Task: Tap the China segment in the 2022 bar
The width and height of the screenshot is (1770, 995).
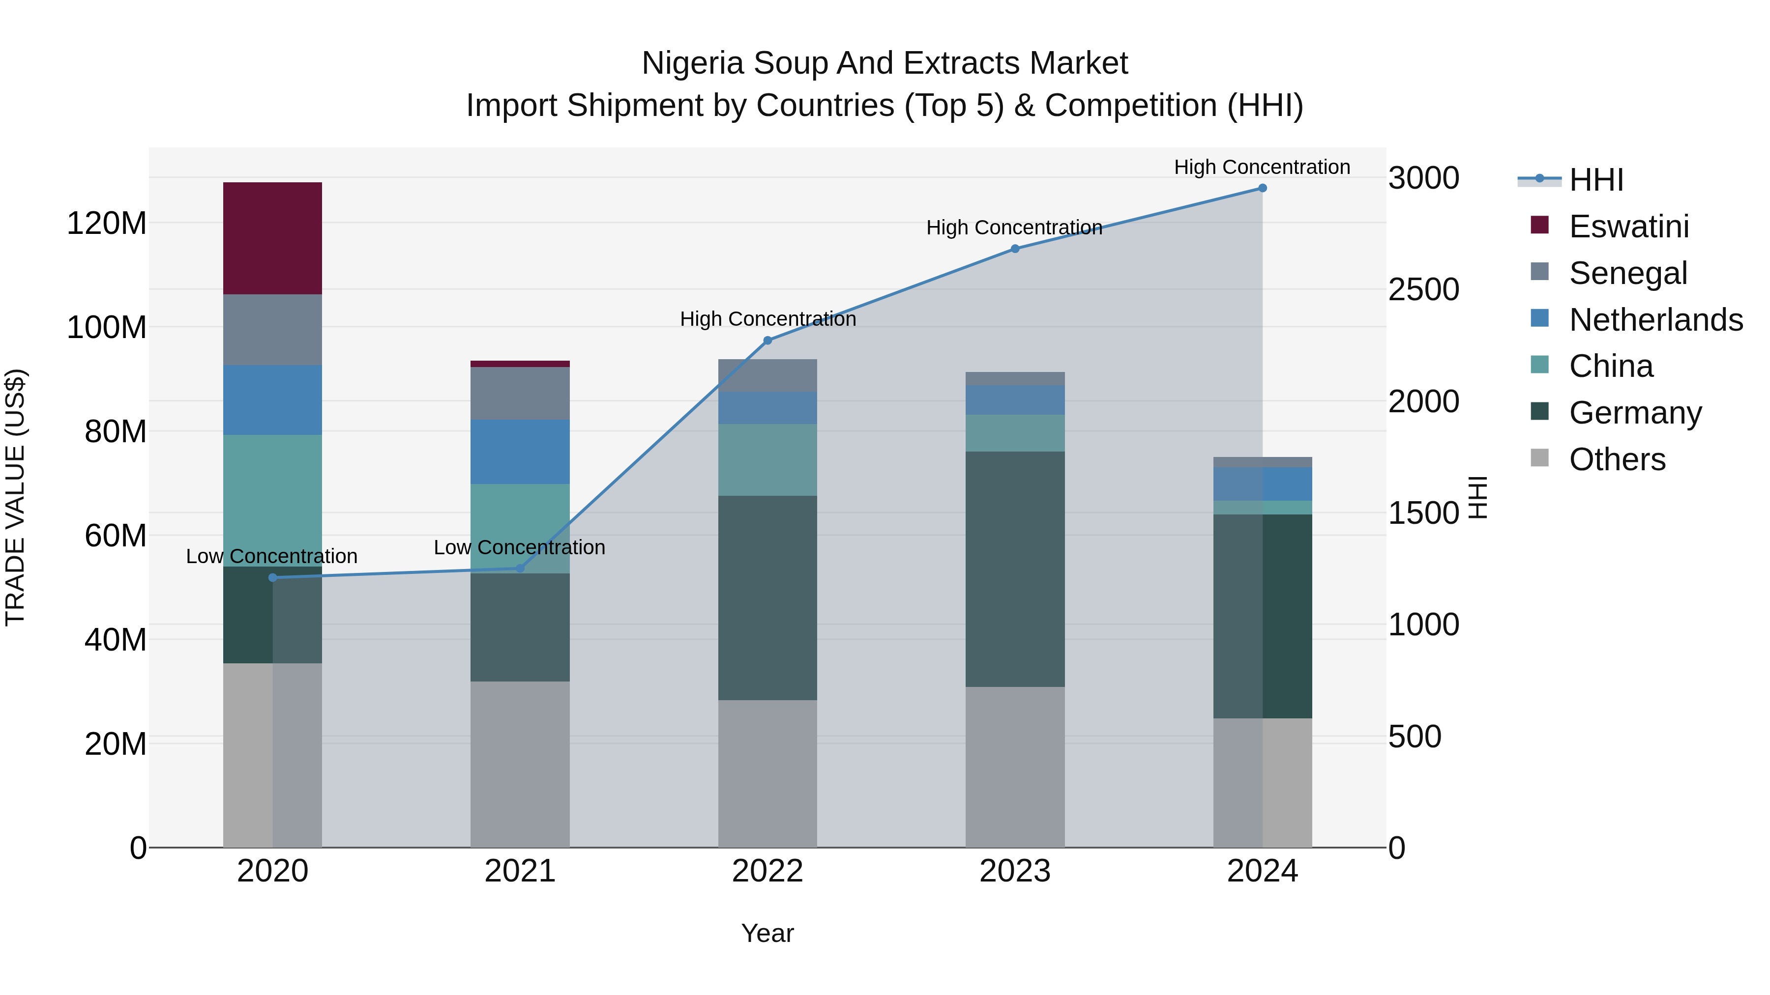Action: (x=767, y=459)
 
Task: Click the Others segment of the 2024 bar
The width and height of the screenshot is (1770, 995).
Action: (x=1262, y=782)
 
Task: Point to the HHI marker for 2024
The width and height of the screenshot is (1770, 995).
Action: (x=1262, y=188)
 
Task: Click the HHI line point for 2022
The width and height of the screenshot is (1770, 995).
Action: (x=767, y=341)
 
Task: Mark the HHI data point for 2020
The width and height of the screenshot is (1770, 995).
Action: (x=273, y=577)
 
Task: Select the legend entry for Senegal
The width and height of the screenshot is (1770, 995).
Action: (x=1628, y=273)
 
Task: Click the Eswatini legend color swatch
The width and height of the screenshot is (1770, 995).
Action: (x=1540, y=225)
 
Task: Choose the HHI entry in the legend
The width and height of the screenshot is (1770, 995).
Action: (x=1595, y=180)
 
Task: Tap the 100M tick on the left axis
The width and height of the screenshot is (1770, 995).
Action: (x=107, y=328)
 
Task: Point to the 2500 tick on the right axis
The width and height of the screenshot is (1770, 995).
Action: (x=1423, y=290)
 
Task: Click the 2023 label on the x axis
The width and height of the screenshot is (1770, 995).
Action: (x=1014, y=871)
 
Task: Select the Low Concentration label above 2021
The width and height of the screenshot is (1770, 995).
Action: (x=520, y=547)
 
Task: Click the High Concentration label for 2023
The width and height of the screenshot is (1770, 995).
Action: (x=1014, y=227)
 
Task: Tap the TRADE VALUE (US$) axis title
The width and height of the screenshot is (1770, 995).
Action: (x=15, y=497)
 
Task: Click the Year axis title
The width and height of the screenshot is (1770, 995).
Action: (x=767, y=933)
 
